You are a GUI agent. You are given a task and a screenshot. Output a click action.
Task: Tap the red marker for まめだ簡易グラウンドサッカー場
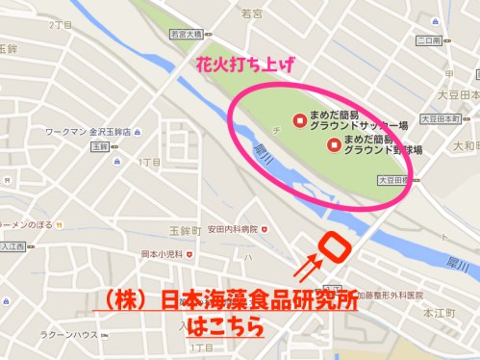(301, 121)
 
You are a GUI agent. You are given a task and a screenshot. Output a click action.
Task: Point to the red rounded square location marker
(334, 246)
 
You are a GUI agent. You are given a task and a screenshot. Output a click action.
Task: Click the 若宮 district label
(251, 13)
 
